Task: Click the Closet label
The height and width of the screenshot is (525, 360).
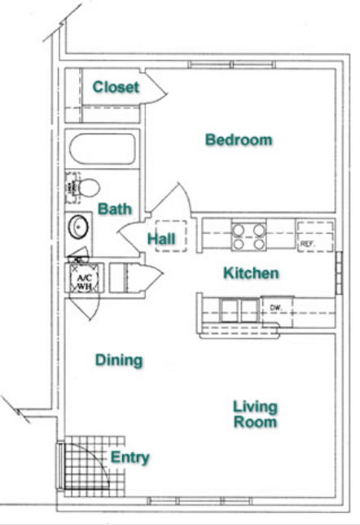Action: tap(116, 88)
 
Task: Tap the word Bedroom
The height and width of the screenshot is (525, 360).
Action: tap(239, 140)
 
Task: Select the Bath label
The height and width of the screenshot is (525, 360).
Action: tap(115, 209)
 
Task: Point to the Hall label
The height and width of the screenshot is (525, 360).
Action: tap(162, 239)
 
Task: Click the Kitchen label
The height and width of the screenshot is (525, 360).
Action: tap(251, 273)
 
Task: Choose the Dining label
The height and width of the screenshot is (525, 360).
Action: tap(119, 360)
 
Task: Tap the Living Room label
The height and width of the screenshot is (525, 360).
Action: tap(255, 414)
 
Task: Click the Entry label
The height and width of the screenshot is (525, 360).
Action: tap(130, 457)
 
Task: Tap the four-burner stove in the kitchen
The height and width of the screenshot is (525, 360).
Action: tap(249, 235)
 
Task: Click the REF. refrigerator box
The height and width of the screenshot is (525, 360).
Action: tap(313, 235)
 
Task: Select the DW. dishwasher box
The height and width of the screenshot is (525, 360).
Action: tap(279, 308)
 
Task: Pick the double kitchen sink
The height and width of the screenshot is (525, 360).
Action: tap(235, 308)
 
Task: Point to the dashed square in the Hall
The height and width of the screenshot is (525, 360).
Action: tap(169, 237)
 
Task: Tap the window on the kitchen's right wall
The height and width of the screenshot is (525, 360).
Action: tap(338, 273)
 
